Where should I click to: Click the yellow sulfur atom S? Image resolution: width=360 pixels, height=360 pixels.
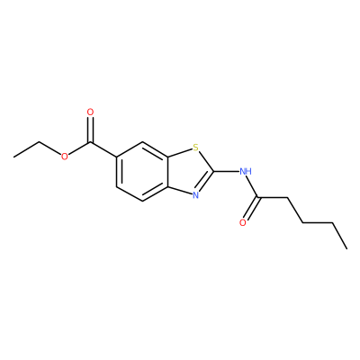pos(195,148)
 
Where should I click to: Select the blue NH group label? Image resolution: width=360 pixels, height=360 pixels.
pos(246,172)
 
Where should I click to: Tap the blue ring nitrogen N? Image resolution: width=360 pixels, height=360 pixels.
pos(195,195)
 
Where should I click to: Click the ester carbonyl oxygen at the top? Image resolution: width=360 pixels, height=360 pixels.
pos(90,112)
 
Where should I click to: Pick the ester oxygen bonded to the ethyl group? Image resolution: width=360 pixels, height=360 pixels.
pos(64,157)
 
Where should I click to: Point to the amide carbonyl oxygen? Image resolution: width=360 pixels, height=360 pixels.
pos(243,222)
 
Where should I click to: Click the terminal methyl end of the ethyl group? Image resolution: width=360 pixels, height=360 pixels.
pos(13,157)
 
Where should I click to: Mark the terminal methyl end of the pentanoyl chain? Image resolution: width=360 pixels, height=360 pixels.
pos(346,248)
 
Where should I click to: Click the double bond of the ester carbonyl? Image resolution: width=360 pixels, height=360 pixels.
pos(90,130)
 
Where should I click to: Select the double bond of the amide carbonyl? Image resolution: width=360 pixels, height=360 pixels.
pos(251,208)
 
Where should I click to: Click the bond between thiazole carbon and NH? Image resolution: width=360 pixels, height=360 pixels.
pos(227,172)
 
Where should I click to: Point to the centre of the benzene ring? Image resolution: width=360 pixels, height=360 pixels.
pos(142,172)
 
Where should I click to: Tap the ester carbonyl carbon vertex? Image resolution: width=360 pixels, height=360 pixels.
pos(90,142)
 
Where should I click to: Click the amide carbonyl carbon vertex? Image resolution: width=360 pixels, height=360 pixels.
pos(258,198)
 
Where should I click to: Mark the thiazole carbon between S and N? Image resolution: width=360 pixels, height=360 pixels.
pos(213,172)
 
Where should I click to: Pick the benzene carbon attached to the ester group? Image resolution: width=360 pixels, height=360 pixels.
pos(116,157)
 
